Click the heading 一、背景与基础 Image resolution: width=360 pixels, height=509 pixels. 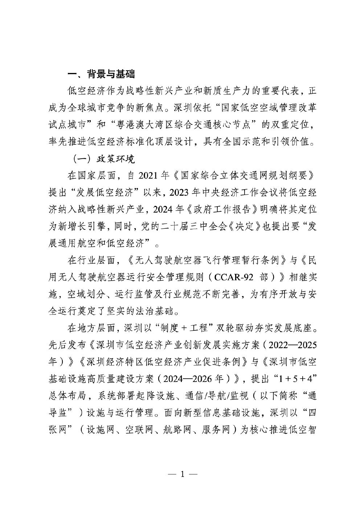(101, 74)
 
